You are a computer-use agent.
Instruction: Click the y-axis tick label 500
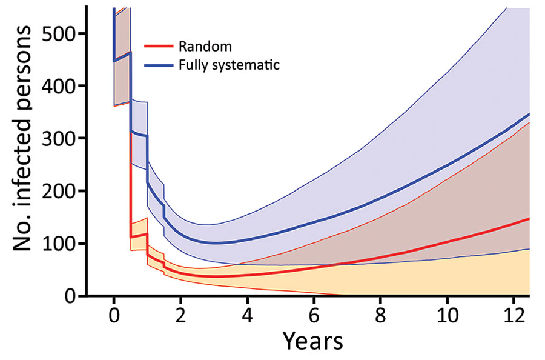pos(59,33)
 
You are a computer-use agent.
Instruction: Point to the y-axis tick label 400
pos(59,85)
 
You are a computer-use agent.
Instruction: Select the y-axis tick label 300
pos(59,138)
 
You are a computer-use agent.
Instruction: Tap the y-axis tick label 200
pos(59,191)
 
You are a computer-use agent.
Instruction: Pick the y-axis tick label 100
pos(59,244)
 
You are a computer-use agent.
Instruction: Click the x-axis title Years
pos(312,341)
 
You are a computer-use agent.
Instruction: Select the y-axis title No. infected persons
pos(22,138)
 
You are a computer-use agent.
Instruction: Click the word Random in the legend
pos(205,46)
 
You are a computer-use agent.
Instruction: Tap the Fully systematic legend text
pos(229,65)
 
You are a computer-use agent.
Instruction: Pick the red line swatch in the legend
pos(159,46)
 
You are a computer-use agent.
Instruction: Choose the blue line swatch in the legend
pos(159,65)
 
